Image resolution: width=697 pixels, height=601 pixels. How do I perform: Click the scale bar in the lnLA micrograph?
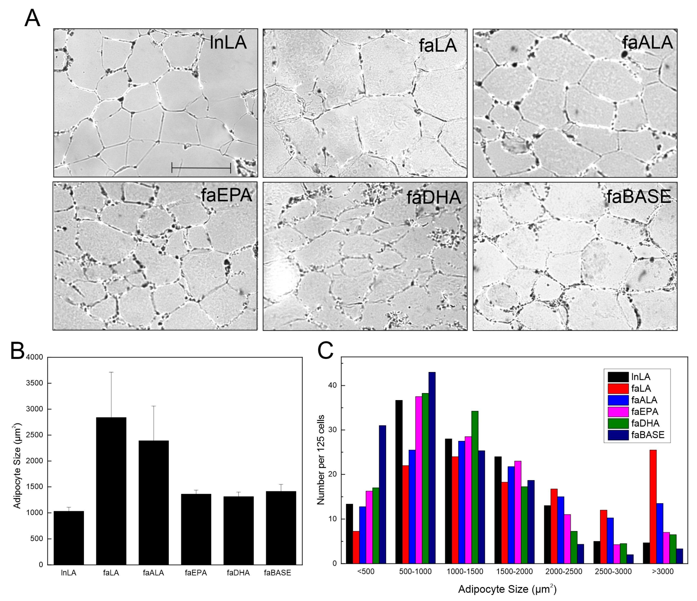tap(201, 167)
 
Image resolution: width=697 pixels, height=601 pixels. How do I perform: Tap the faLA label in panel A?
tap(438, 45)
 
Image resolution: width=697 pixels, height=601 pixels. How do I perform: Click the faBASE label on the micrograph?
tap(639, 197)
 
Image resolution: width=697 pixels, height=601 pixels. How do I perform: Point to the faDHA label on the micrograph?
tap(434, 197)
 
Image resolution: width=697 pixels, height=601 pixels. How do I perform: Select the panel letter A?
tap(32, 19)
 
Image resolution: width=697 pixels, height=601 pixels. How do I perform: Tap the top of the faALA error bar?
tap(153, 406)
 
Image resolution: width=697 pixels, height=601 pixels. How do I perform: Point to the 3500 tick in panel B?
tap(35, 383)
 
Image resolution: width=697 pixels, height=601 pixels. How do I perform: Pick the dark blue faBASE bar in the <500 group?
tap(382, 495)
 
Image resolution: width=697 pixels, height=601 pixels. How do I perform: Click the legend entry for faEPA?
tap(644, 412)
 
